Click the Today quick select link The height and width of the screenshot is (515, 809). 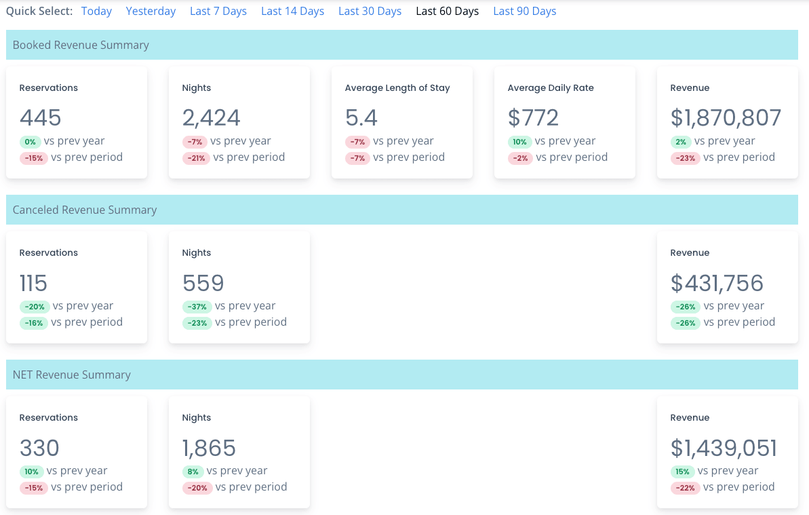point(96,12)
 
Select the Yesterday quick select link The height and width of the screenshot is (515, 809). point(151,12)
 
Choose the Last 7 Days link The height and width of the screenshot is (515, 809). point(218,12)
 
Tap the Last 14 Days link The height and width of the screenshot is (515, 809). point(292,12)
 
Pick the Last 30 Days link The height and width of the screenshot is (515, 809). point(370,12)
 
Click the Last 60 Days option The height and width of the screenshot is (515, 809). point(447,12)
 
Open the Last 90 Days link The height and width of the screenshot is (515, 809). point(524,12)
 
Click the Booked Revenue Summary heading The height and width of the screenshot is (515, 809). point(81,45)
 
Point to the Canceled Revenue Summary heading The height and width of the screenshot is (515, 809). point(85,210)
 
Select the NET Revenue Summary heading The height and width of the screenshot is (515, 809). point(72,375)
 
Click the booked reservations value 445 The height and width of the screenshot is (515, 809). point(41,118)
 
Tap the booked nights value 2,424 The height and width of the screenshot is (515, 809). point(211,118)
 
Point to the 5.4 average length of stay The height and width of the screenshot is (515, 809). point(361,118)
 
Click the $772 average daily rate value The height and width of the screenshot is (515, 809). point(533,118)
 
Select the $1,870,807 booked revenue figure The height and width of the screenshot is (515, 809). point(726,118)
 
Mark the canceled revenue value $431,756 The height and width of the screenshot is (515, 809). point(717,283)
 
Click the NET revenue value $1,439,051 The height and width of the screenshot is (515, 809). point(724,448)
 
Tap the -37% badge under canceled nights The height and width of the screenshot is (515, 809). point(197,307)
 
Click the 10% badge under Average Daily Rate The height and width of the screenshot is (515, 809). point(519,142)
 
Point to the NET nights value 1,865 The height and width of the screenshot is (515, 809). point(209,448)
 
